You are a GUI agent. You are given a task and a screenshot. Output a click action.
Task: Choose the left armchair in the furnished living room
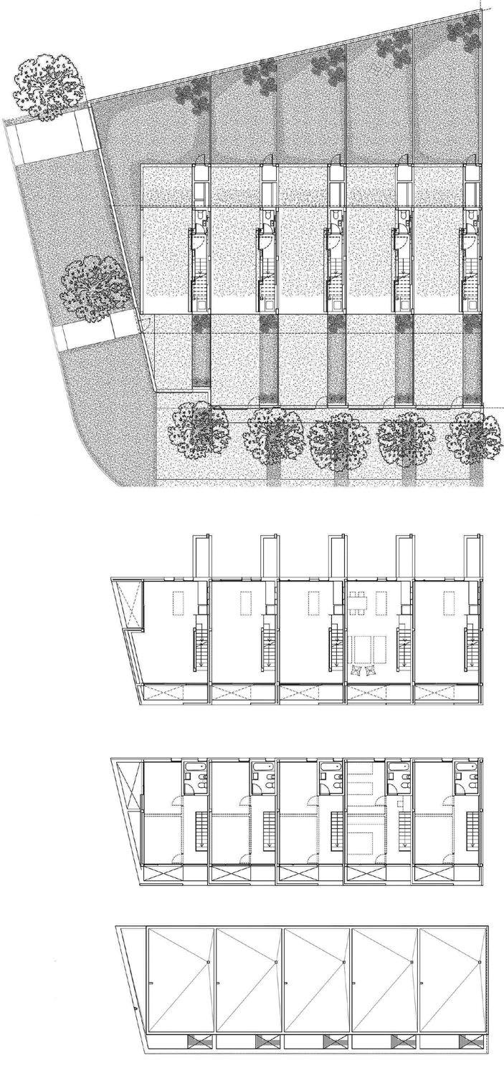[x=356, y=671]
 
